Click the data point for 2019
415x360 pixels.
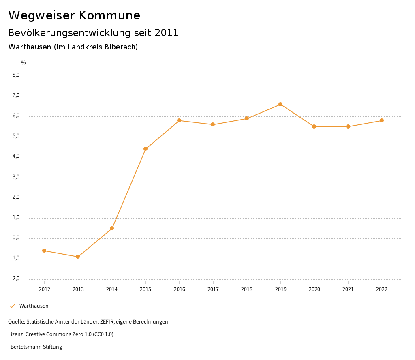[280, 104]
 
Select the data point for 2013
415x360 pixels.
[78, 257]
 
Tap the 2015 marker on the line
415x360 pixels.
[145, 149]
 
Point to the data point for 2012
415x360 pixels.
[44, 251]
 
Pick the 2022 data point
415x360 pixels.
[382, 120]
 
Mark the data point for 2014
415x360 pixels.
[112, 228]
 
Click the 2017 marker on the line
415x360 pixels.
[213, 124]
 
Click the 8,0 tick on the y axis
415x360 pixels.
[16, 75]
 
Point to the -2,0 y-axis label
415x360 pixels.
[15, 279]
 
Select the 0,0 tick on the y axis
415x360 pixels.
[16, 238]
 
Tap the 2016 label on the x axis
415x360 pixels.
[179, 289]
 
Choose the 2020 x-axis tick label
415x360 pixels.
[314, 289]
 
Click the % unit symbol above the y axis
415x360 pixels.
[24, 62]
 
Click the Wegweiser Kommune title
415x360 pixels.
[74, 15]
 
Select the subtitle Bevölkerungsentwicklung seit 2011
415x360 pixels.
[93, 33]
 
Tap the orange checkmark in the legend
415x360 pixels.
[12, 306]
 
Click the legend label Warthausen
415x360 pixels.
[34, 306]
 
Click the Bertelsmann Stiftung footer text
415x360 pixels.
[36, 347]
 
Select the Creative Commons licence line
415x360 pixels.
[61, 334]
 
